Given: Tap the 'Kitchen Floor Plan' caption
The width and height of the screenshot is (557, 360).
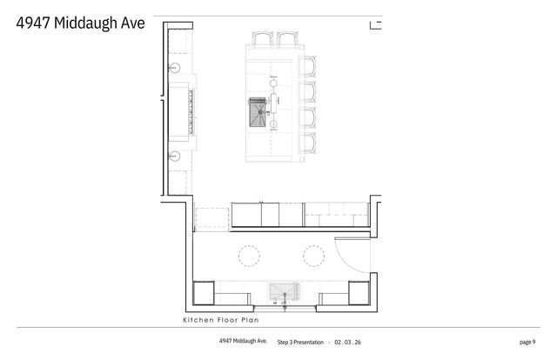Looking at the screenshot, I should click(x=218, y=320).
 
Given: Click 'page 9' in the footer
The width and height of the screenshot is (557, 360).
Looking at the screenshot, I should click(x=527, y=342).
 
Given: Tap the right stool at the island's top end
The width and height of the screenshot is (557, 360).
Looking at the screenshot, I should click(x=287, y=39).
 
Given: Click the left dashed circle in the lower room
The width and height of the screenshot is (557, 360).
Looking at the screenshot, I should click(x=250, y=255).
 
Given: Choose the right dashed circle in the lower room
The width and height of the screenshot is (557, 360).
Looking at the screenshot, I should click(x=312, y=255).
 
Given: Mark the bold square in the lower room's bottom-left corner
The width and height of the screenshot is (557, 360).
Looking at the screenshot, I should click(x=204, y=293).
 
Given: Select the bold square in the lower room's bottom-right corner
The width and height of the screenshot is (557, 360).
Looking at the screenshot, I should click(x=358, y=293).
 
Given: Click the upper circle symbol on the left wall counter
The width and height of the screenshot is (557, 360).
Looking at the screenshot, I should click(x=174, y=66).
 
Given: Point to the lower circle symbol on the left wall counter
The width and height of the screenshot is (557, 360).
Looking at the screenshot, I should click(x=174, y=157).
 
